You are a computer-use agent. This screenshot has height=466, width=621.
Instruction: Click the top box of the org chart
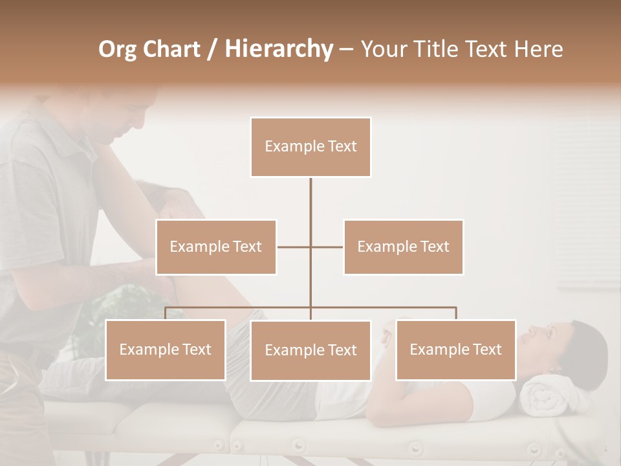click(310, 147)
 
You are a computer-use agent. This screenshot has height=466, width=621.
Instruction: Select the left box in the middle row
click(216, 247)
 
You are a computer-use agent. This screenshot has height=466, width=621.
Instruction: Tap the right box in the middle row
click(403, 247)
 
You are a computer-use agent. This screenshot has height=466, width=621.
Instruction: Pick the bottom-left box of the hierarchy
click(166, 349)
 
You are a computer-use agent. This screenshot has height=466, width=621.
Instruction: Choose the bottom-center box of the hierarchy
click(310, 350)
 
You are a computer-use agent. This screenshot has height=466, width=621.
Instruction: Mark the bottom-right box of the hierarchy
click(455, 349)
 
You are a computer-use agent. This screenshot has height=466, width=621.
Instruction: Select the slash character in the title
click(212, 49)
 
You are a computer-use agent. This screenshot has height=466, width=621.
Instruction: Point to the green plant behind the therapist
click(129, 304)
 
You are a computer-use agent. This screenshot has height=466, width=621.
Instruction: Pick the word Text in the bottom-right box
click(486, 349)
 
